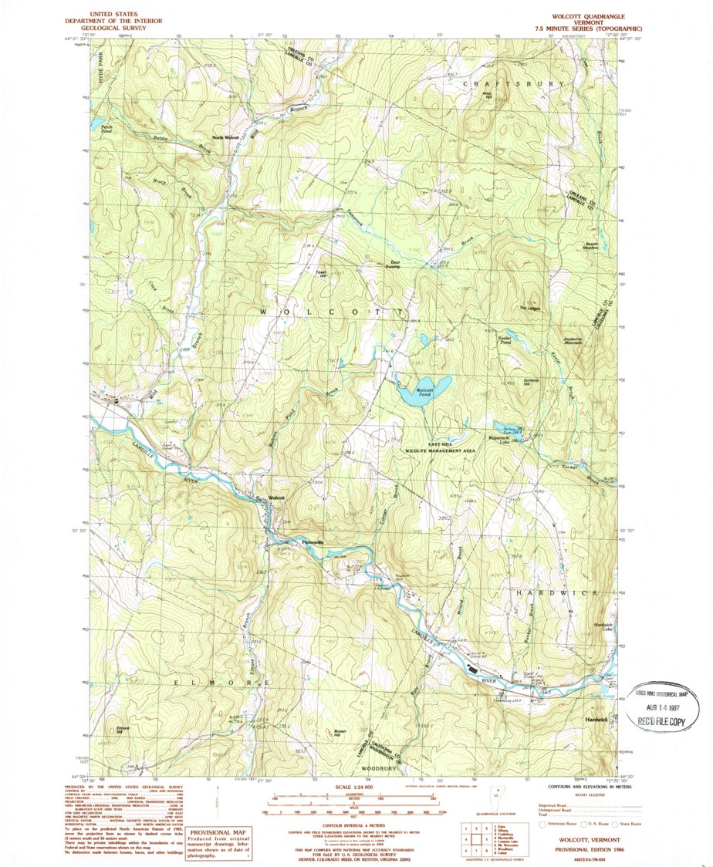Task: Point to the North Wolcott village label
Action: (228, 137)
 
